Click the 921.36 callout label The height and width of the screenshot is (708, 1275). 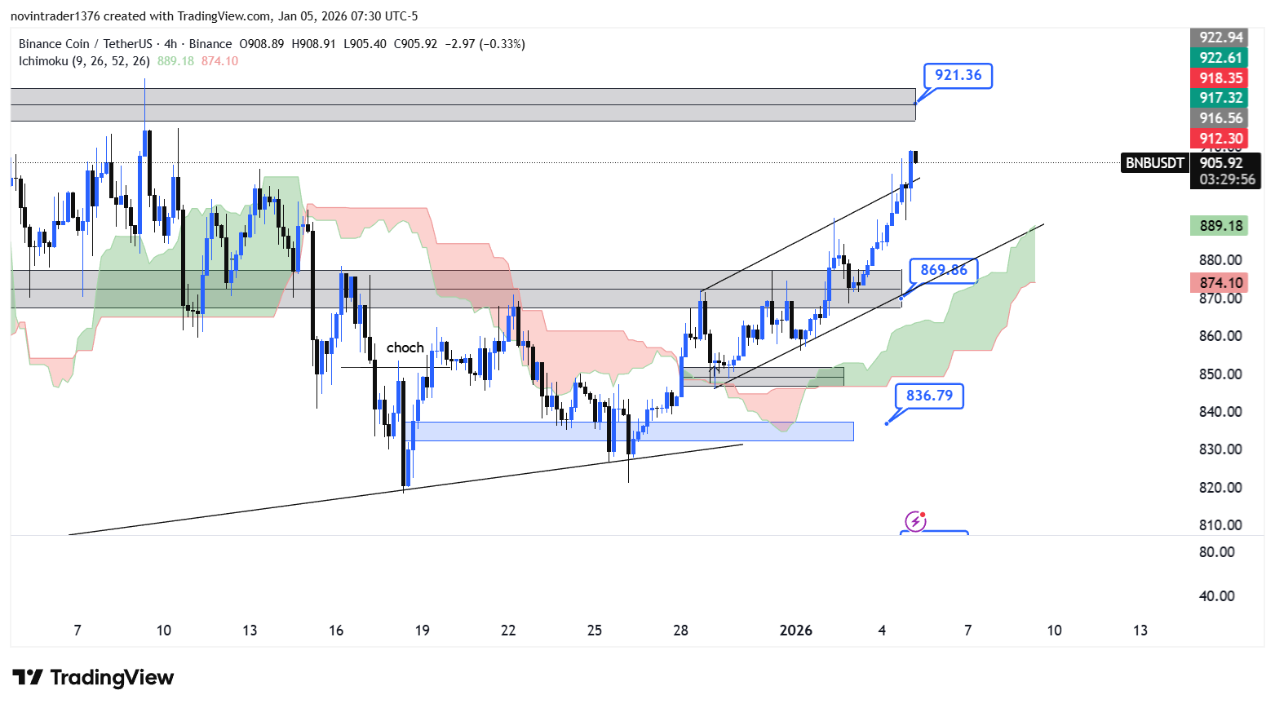958,76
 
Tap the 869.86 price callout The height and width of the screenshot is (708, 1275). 943,270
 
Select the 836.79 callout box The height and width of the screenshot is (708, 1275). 929,396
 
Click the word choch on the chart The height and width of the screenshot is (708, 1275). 405,347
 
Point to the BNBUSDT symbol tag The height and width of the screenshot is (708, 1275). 1154,163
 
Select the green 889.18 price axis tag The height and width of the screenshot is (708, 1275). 1221,226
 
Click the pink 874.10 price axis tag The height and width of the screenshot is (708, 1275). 1221,283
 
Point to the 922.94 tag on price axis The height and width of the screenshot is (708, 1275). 1221,38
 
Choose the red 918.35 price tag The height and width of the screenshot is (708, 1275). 1221,77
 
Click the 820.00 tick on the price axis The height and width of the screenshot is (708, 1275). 1220,488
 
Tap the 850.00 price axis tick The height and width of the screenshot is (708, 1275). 1220,374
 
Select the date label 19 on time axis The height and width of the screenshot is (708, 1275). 423,631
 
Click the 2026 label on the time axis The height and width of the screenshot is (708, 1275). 795,631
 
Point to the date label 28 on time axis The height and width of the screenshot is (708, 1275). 680,631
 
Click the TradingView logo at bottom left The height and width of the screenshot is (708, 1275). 93,678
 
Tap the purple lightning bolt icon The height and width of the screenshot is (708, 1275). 915,521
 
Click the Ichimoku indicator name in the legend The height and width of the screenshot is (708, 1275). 84,61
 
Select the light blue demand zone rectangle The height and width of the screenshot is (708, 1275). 632,431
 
